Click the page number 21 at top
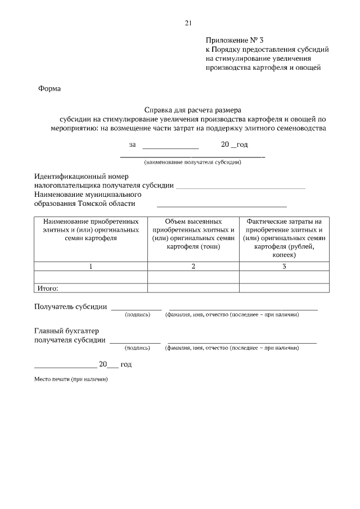[188, 23]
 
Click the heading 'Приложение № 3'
[234, 40]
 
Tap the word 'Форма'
[49, 88]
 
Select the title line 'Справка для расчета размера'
[193, 110]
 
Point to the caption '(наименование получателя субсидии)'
[193, 163]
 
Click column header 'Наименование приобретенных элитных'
[91, 230]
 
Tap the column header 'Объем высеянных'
[193, 222]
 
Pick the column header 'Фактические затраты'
[284, 222]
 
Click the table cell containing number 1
[91, 267]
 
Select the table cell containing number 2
[193, 267]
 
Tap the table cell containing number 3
[284, 267]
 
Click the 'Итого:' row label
[48, 289]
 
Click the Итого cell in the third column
[284, 289]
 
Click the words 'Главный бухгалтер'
[62, 331]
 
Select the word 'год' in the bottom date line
[126, 364]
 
